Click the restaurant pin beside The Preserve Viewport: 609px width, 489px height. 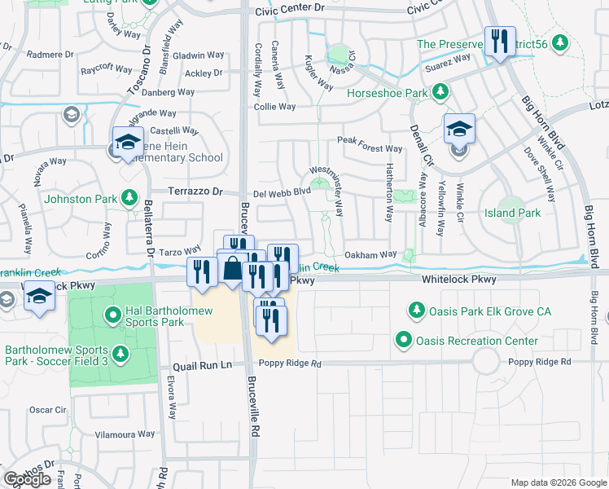[x=498, y=42]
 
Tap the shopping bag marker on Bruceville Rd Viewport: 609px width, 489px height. [x=233, y=269]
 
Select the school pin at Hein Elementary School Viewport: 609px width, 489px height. [x=128, y=143]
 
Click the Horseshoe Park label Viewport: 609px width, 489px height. [x=388, y=94]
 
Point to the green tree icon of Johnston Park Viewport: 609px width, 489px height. [x=128, y=196]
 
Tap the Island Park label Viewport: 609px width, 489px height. [x=518, y=213]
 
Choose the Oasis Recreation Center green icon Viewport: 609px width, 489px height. [x=403, y=340]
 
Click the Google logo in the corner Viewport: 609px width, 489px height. [x=27, y=479]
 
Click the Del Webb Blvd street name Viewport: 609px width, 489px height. [x=282, y=192]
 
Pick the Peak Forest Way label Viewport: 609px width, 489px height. [x=370, y=149]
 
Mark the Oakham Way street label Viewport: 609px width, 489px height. [x=370, y=255]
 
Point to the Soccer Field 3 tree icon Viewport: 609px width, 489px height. [x=120, y=354]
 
